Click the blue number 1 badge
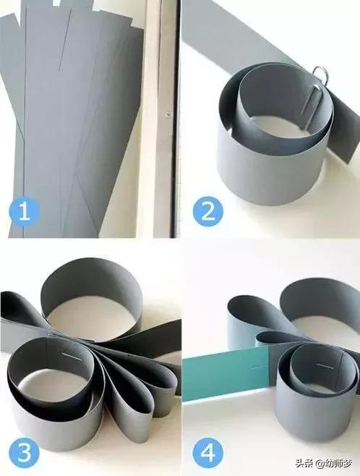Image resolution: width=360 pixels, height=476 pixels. [x=25, y=211]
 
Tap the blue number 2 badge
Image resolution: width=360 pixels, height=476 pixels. [x=208, y=211]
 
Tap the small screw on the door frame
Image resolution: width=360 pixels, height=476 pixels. [x=168, y=114]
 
